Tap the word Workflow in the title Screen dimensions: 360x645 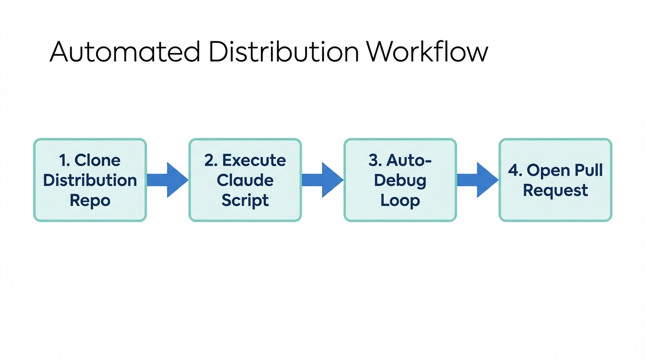(x=427, y=52)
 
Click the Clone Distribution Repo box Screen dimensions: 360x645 (x=90, y=180)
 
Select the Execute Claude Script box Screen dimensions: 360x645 (x=245, y=180)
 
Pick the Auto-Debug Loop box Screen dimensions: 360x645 (x=400, y=180)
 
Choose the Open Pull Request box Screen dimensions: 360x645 (x=555, y=180)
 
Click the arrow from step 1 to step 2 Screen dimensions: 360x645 (x=168, y=180)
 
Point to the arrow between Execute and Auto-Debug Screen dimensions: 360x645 (x=322, y=180)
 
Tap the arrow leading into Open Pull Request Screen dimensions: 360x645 (x=478, y=180)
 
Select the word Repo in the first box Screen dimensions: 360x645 (x=90, y=200)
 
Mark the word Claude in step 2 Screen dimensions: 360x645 (x=245, y=180)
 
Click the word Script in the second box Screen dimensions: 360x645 (x=245, y=200)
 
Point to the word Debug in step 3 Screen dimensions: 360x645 (x=400, y=181)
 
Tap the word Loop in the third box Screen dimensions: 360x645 (x=400, y=200)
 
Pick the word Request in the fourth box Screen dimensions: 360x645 (x=555, y=190)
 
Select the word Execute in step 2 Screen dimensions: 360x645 (x=254, y=160)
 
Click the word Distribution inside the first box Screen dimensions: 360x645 (x=90, y=180)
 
